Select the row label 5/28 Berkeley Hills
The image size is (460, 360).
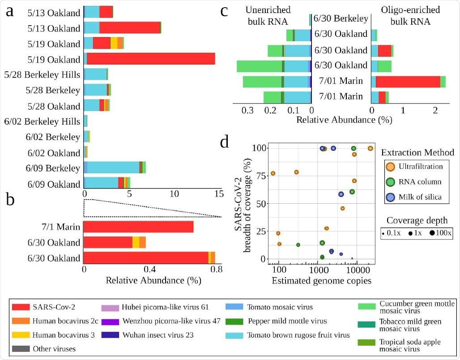42,75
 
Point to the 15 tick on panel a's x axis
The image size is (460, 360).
219,195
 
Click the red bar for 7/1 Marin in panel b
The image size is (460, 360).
138,227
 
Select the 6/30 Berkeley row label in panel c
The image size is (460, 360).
341,19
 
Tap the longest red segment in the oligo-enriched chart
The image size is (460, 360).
408,81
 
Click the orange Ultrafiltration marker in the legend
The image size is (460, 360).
390,167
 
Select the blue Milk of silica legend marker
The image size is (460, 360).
390,197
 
